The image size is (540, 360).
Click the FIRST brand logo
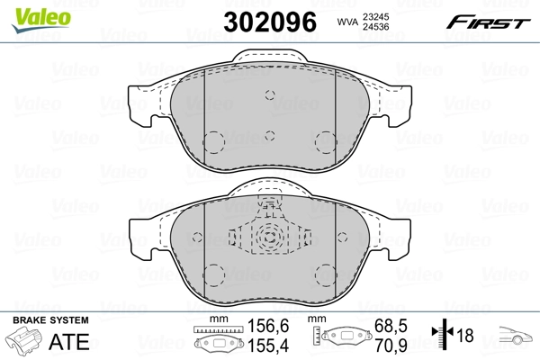point(497,20)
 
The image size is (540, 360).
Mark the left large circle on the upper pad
point(213,142)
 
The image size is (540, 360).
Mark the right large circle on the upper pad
point(325,142)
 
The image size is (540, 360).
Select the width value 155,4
point(261,346)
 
